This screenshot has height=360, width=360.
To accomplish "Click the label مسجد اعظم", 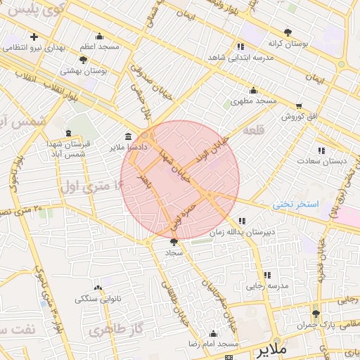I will pos(99,46).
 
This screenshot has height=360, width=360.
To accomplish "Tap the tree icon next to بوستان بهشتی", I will pos(83,60).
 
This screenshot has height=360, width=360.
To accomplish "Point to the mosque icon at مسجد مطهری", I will pos(253,91).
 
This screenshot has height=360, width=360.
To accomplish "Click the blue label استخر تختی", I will pos(296,205).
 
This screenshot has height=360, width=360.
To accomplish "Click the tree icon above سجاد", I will pos(174,241).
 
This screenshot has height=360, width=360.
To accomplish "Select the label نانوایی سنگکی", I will pos(98,299).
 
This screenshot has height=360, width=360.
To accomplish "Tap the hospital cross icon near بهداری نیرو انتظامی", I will pos(34,36).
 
